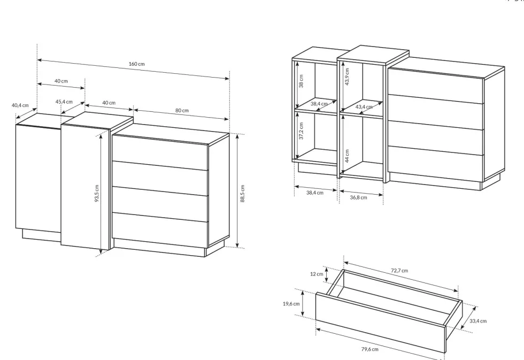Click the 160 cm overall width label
tap(137, 64)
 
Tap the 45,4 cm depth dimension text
tap(64, 102)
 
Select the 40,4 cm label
tap(20, 105)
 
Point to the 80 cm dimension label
tap(182, 110)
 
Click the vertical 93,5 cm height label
tap(97, 194)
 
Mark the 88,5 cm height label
tap(242, 194)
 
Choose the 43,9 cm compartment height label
tap(347, 77)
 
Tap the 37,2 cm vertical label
tap(301, 131)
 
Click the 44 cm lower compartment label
tap(347, 156)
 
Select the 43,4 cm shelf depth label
tap(364, 107)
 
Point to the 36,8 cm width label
tap(358, 197)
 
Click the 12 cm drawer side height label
tap(317, 274)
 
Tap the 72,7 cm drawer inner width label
tap(399, 271)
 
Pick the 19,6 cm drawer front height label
tap(291, 304)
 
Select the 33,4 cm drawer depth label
tap(478, 321)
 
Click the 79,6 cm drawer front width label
tap(369, 349)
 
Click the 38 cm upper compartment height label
tap(301, 81)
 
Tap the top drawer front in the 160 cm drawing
tap(160, 152)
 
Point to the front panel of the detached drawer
tap(381, 322)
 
